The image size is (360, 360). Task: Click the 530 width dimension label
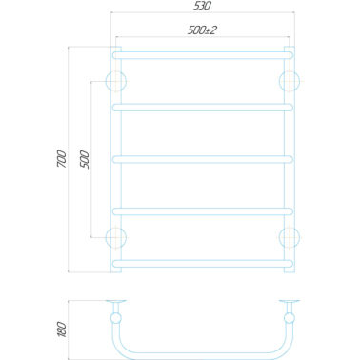click(x=202, y=6)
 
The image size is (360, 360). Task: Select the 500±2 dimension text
click(x=202, y=30)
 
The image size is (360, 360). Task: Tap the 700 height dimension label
click(x=62, y=159)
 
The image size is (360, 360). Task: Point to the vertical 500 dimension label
click(x=85, y=160)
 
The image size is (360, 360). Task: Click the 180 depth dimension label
click(x=62, y=330)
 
